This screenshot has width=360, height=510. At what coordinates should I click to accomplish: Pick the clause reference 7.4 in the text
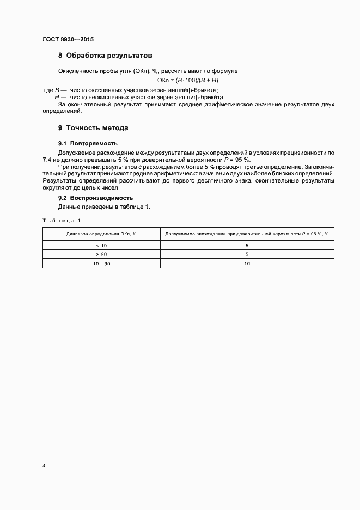click(47, 160)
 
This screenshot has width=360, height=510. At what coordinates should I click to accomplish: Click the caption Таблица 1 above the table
click(61, 220)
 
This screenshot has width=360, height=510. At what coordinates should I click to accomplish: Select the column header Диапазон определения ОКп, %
click(101, 233)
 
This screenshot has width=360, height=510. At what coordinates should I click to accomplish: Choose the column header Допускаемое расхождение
click(247, 233)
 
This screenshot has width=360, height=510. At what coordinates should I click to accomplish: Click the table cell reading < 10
click(101, 245)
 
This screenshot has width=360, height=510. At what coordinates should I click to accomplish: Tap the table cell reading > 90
click(101, 254)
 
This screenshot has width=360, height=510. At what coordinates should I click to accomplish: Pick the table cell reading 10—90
click(101, 263)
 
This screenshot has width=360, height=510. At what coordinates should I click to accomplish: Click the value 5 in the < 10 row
click(247, 245)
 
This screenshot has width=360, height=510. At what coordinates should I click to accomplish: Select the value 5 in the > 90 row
click(247, 254)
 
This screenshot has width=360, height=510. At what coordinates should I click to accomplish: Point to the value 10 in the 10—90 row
click(247, 263)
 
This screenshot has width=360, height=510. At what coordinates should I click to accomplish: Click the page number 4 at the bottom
click(44, 466)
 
